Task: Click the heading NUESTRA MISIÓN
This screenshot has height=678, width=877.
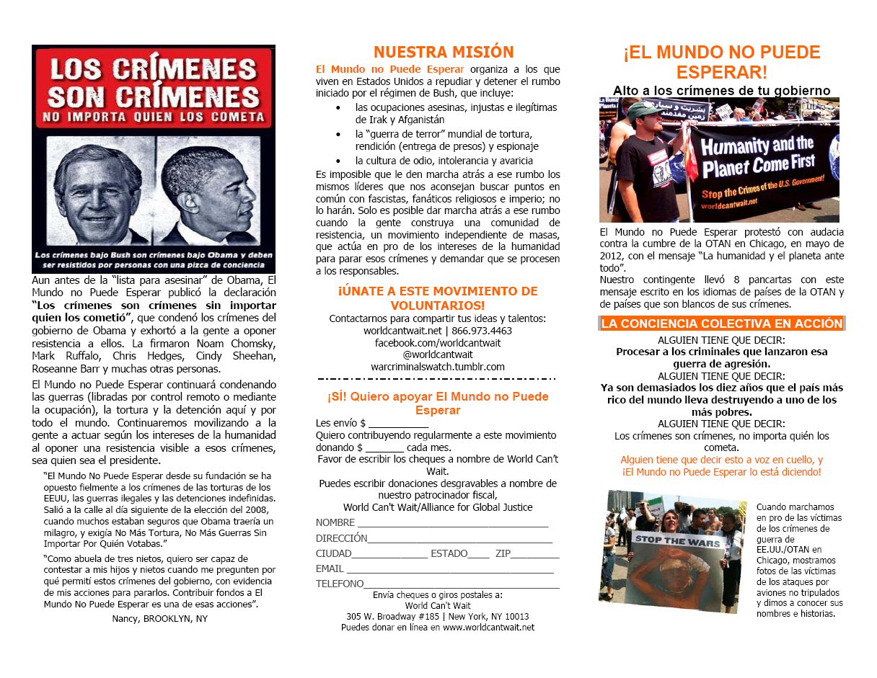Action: (444, 52)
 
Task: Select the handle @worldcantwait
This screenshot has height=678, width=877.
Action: (437, 354)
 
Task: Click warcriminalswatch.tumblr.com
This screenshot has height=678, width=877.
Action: (437, 367)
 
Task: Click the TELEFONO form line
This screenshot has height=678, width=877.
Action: (462, 585)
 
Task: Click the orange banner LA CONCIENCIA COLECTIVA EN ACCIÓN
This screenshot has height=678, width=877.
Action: (722, 324)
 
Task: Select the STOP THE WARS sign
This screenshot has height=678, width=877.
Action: (671, 540)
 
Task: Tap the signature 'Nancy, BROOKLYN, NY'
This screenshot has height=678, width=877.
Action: (159, 618)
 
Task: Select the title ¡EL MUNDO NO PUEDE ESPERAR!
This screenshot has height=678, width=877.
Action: (722, 62)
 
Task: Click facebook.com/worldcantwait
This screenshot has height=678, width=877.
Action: (437, 342)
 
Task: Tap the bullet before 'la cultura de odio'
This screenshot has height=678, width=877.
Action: (338, 161)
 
